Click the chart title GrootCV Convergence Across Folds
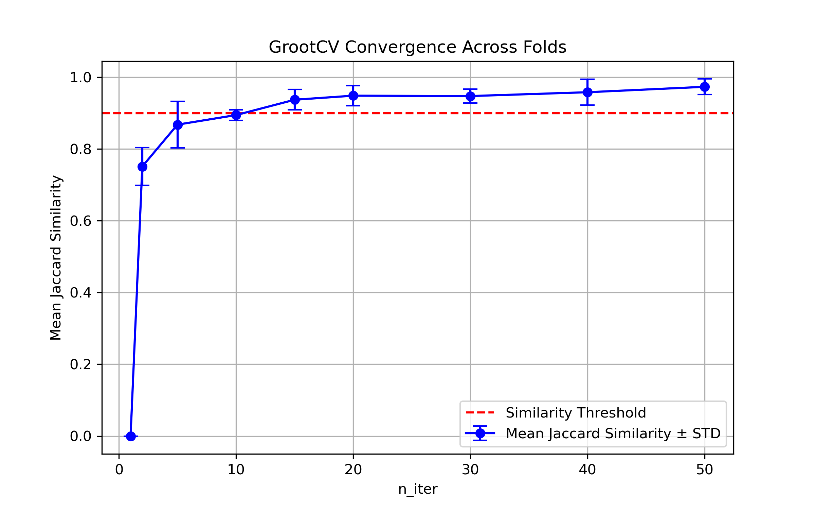[417, 47]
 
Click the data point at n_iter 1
[131, 436]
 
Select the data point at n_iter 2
[142, 167]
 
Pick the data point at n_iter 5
[178, 125]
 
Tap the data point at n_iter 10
[236, 115]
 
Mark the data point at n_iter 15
[295, 100]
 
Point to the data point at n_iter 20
[353, 96]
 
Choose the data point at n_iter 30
[470, 96]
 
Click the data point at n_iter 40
[587, 92]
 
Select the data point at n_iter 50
[705, 87]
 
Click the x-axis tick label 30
[470, 470]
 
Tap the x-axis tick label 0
[119, 470]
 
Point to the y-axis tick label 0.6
[80, 221]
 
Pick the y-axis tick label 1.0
[80, 78]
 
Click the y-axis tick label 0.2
[80, 364]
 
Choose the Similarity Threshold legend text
[576, 413]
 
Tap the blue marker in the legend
[480, 433]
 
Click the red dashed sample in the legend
[480, 413]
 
